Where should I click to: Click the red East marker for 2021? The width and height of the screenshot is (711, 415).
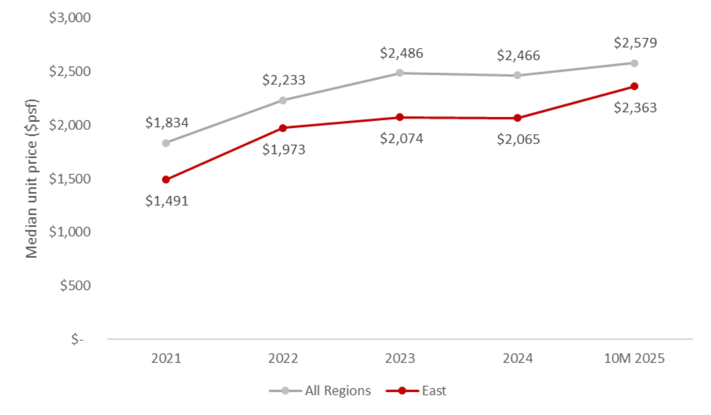click(x=166, y=180)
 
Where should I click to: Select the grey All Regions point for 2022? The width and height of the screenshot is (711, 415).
click(x=283, y=100)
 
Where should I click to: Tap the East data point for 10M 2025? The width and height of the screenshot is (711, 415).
click(x=635, y=87)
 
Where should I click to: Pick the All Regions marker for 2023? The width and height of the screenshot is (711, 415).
click(x=400, y=73)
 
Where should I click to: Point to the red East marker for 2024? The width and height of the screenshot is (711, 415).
click(x=517, y=118)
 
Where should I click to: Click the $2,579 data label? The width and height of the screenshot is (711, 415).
click(x=635, y=43)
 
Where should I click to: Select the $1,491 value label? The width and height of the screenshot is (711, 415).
click(x=166, y=201)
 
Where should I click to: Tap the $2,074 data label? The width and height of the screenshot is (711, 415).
click(x=401, y=139)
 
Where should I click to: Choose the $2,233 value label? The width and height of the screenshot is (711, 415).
click(x=283, y=79)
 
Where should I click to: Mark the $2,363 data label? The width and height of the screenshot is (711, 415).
click(x=635, y=108)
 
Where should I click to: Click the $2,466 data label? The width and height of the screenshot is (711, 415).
click(x=518, y=56)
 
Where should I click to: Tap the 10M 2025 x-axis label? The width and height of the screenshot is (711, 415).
click(x=635, y=359)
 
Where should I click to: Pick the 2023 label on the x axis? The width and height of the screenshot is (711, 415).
click(x=400, y=359)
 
